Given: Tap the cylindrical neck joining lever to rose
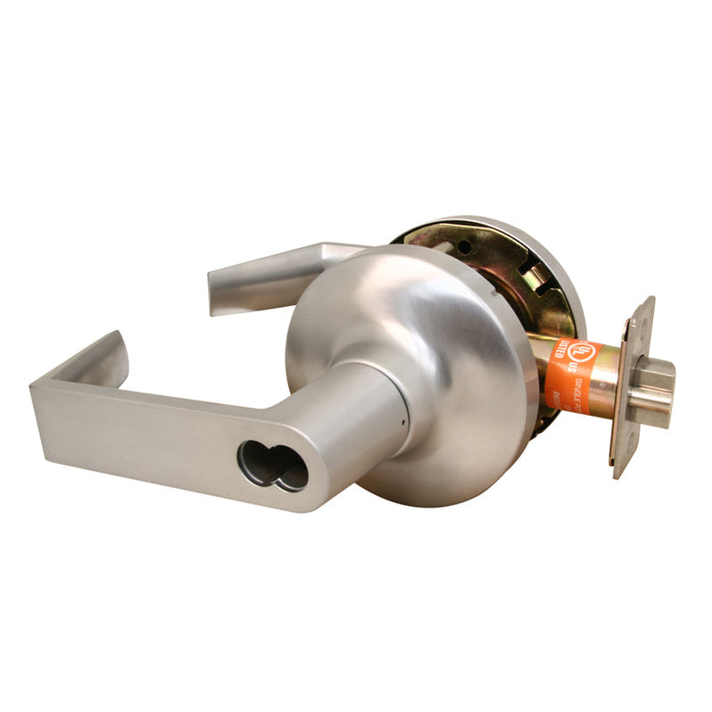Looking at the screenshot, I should pyautogui.click(x=366, y=410).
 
